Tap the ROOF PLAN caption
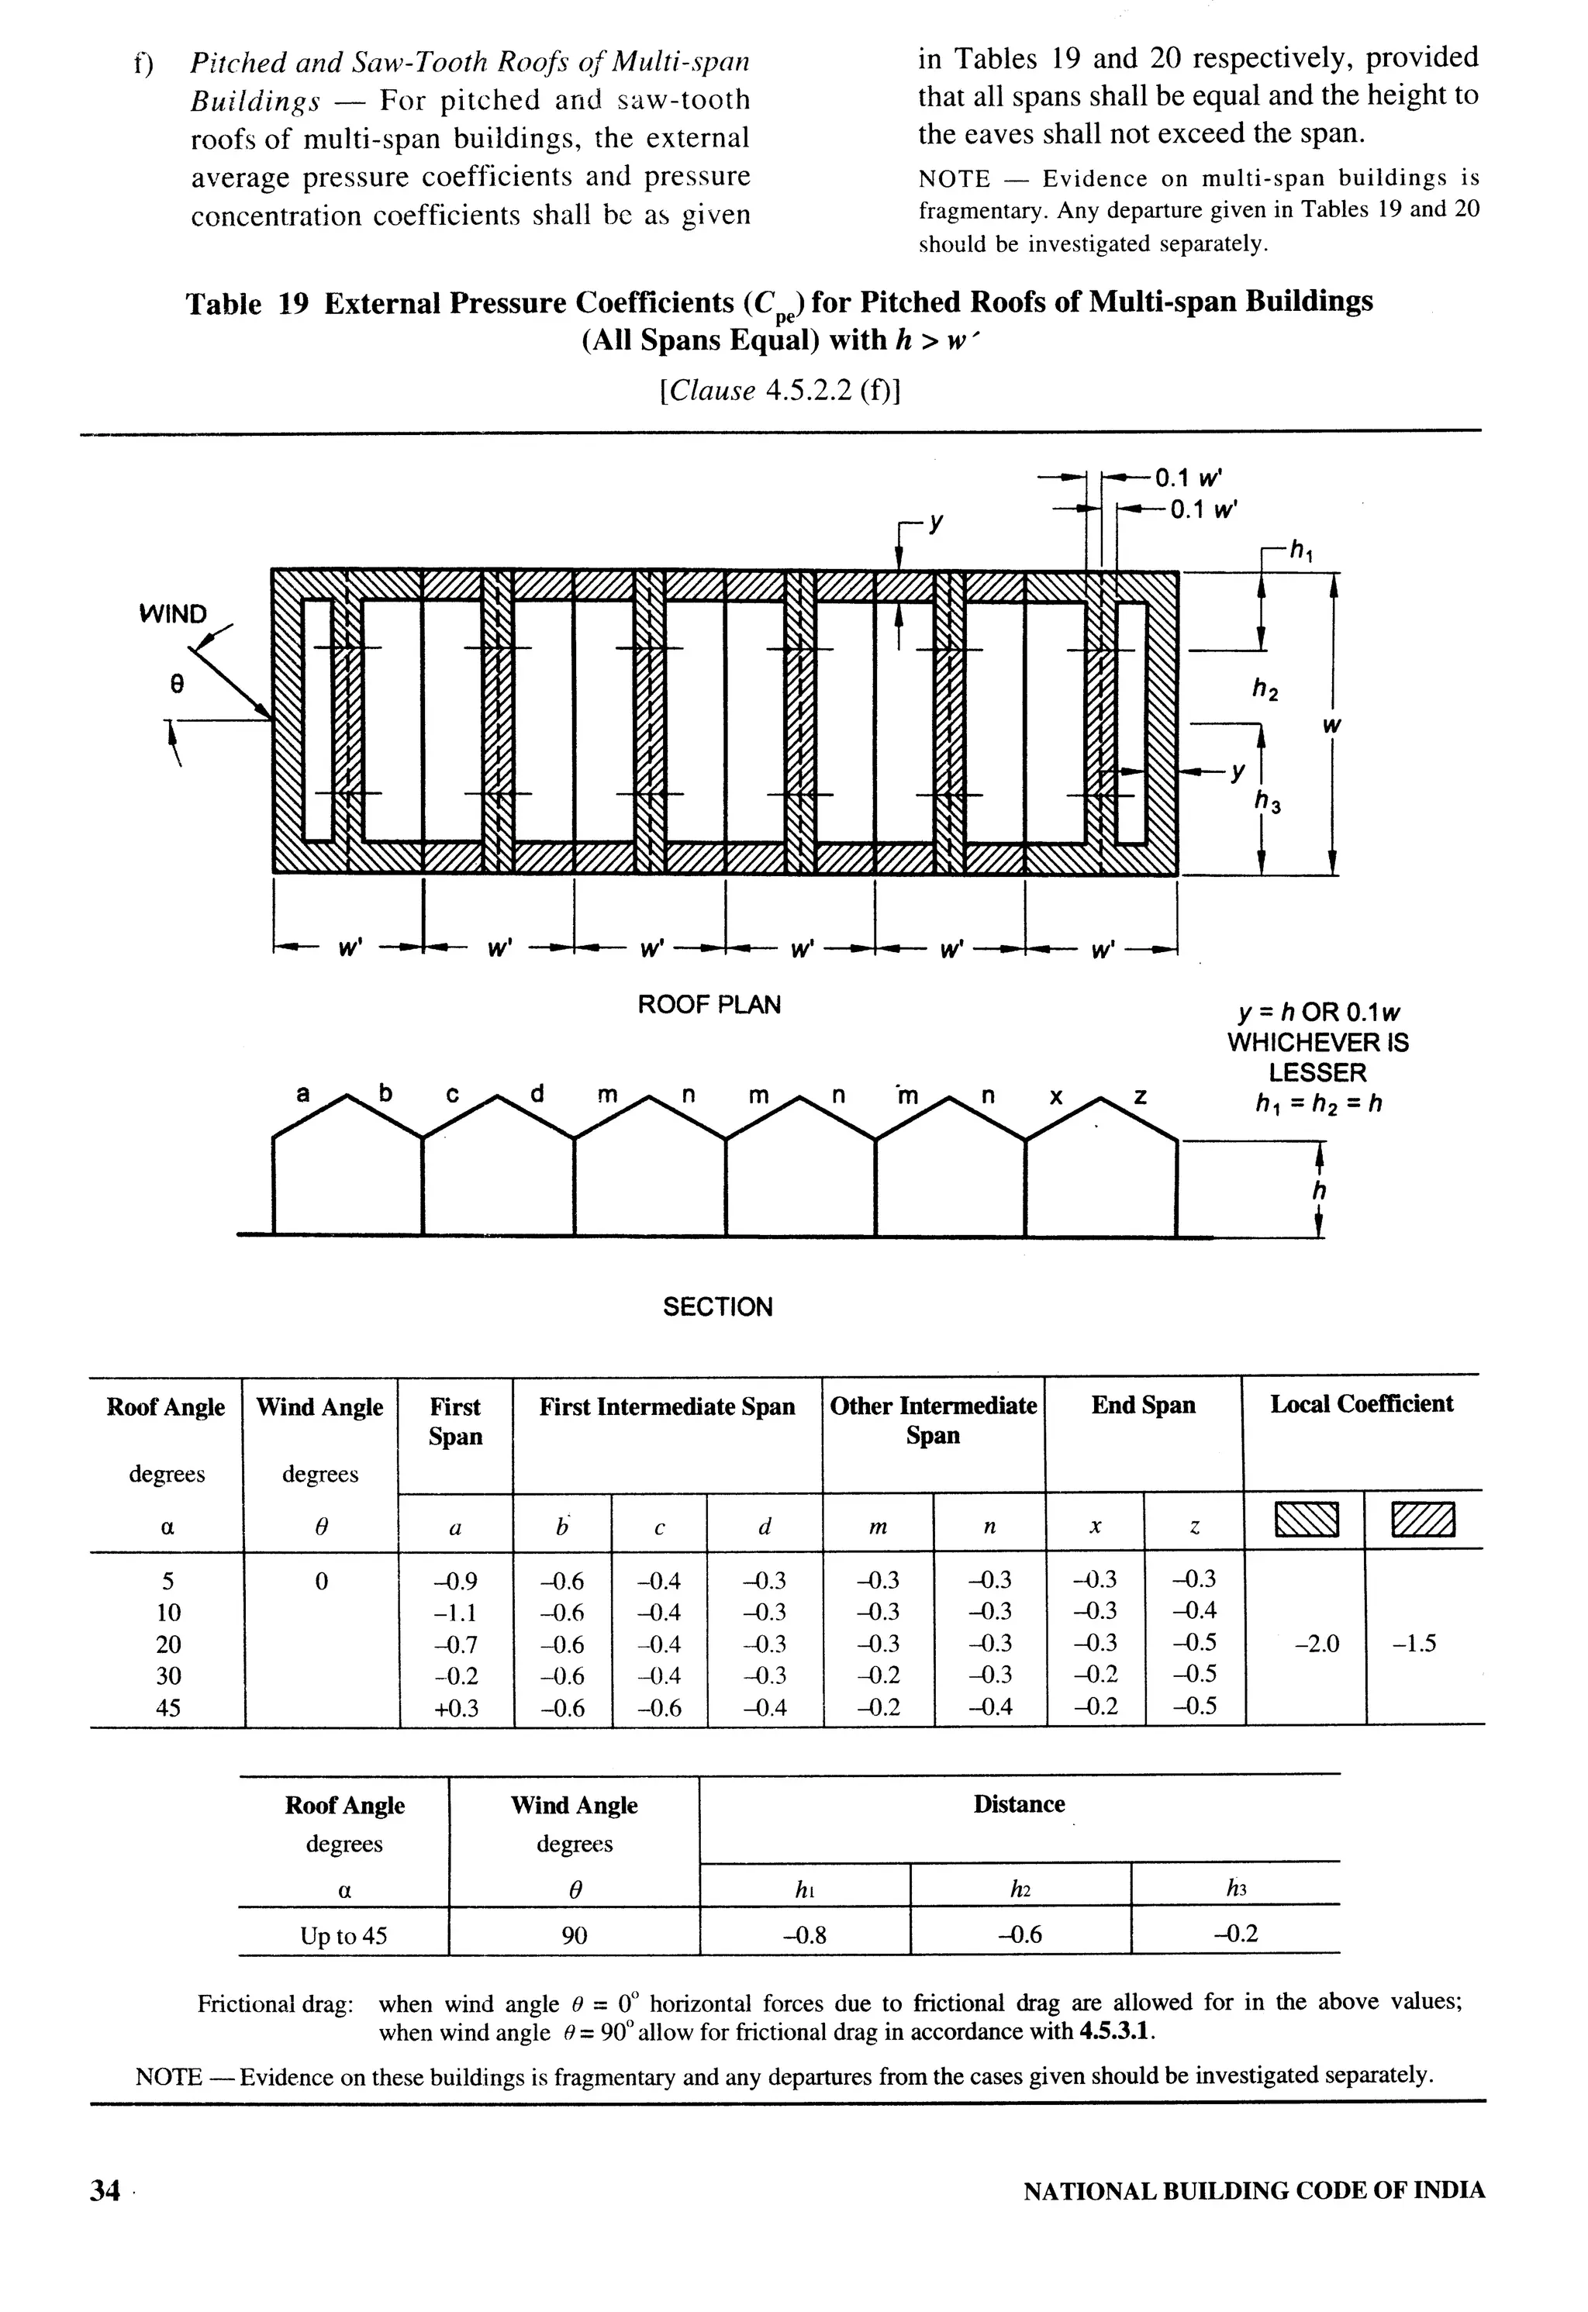[x=709, y=1005]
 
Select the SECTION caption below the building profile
[x=717, y=1306]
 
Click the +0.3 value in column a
[x=456, y=1708]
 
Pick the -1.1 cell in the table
[x=456, y=1612]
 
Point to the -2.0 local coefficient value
[x=1317, y=1644]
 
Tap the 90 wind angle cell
[x=574, y=1935]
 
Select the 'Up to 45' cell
[x=343, y=1936]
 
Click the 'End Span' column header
[x=1143, y=1405]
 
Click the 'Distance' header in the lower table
[x=1019, y=1803]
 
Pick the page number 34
[x=105, y=2190]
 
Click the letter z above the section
[x=1141, y=1096]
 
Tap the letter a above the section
[x=303, y=1094]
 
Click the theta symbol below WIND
[x=176, y=685]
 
